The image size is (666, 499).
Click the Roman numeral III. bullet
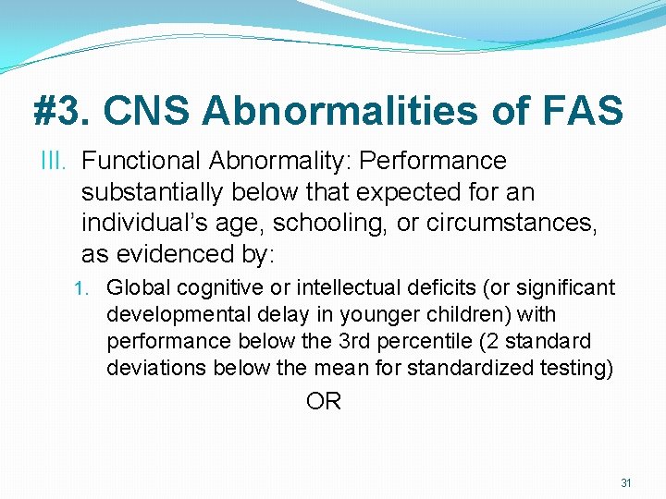(55, 161)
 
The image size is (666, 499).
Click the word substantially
(149, 192)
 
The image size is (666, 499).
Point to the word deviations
(156, 367)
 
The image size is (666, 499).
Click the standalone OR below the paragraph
(324, 402)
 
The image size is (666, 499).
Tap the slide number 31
(626, 482)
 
